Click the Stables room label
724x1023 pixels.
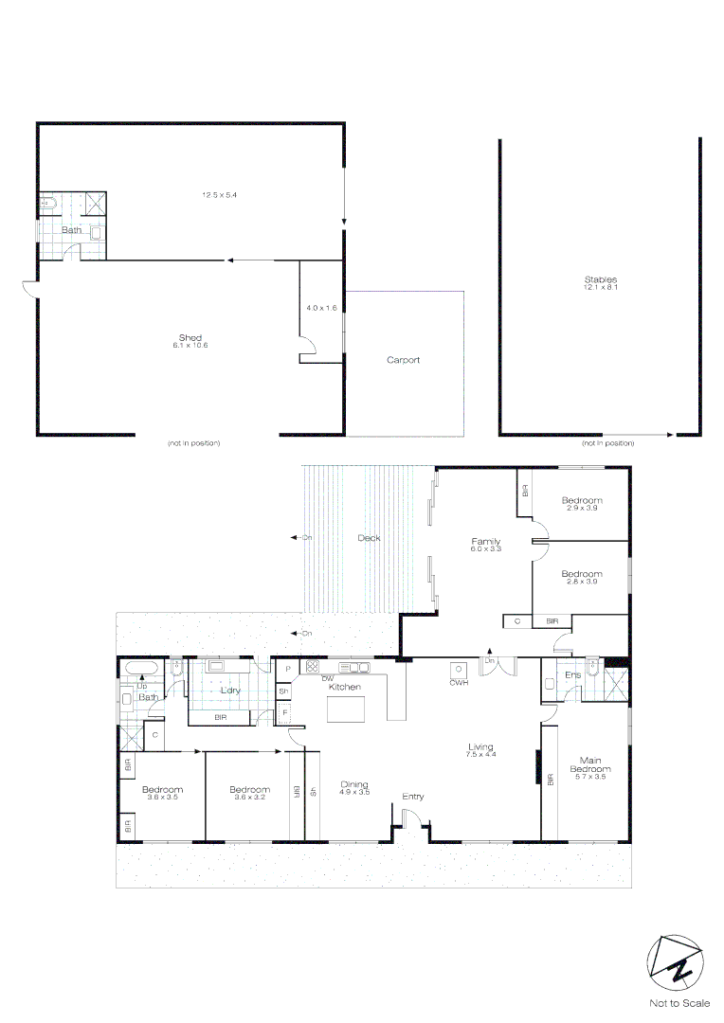(x=600, y=279)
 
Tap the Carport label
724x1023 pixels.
(x=403, y=360)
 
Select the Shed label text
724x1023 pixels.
(x=190, y=338)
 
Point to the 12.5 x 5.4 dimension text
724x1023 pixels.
(x=218, y=195)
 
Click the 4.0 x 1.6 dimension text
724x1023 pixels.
(x=321, y=308)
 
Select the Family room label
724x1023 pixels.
(x=486, y=542)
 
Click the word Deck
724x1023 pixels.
(x=369, y=538)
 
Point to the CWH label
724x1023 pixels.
(x=460, y=682)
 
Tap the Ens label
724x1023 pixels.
(x=572, y=674)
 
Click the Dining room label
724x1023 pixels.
(x=354, y=784)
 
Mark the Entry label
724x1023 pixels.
(x=412, y=797)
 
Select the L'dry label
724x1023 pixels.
(x=230, y=691)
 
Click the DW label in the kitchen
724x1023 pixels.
(x=327, y=679)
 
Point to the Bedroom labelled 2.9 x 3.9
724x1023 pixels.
(x=581, y=500)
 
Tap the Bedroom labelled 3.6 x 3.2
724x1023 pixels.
(x=249, y=789)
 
